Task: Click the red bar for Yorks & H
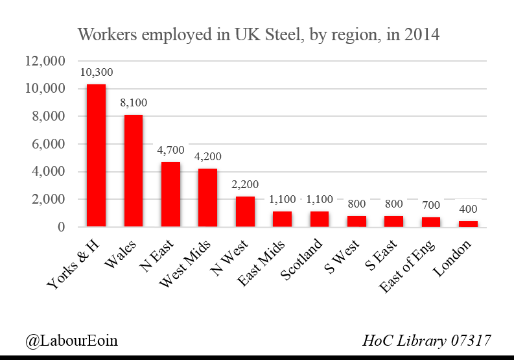coord(96,156)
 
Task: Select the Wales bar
coord(134,171)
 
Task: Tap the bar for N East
coord(170,195)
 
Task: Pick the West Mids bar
coord(208,198)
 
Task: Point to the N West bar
coord(245,211)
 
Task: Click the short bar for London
coord(468,224)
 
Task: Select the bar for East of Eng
coord(431,222)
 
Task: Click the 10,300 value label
coord(97,72)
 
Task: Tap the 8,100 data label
coord(134,102)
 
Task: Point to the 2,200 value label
coord(245,184)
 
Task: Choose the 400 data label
coord(468,209)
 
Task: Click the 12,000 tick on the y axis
coord(45,61)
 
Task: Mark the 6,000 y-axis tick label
coord(49,144)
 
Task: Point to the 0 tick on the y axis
coord(62,227)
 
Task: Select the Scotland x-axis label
coord(301,259)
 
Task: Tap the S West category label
coord(342,257)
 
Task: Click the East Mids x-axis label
coord(261,263)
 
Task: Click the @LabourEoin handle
coord(71,341)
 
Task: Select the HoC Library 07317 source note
coord(426,341)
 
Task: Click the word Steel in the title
coord(283,34)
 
